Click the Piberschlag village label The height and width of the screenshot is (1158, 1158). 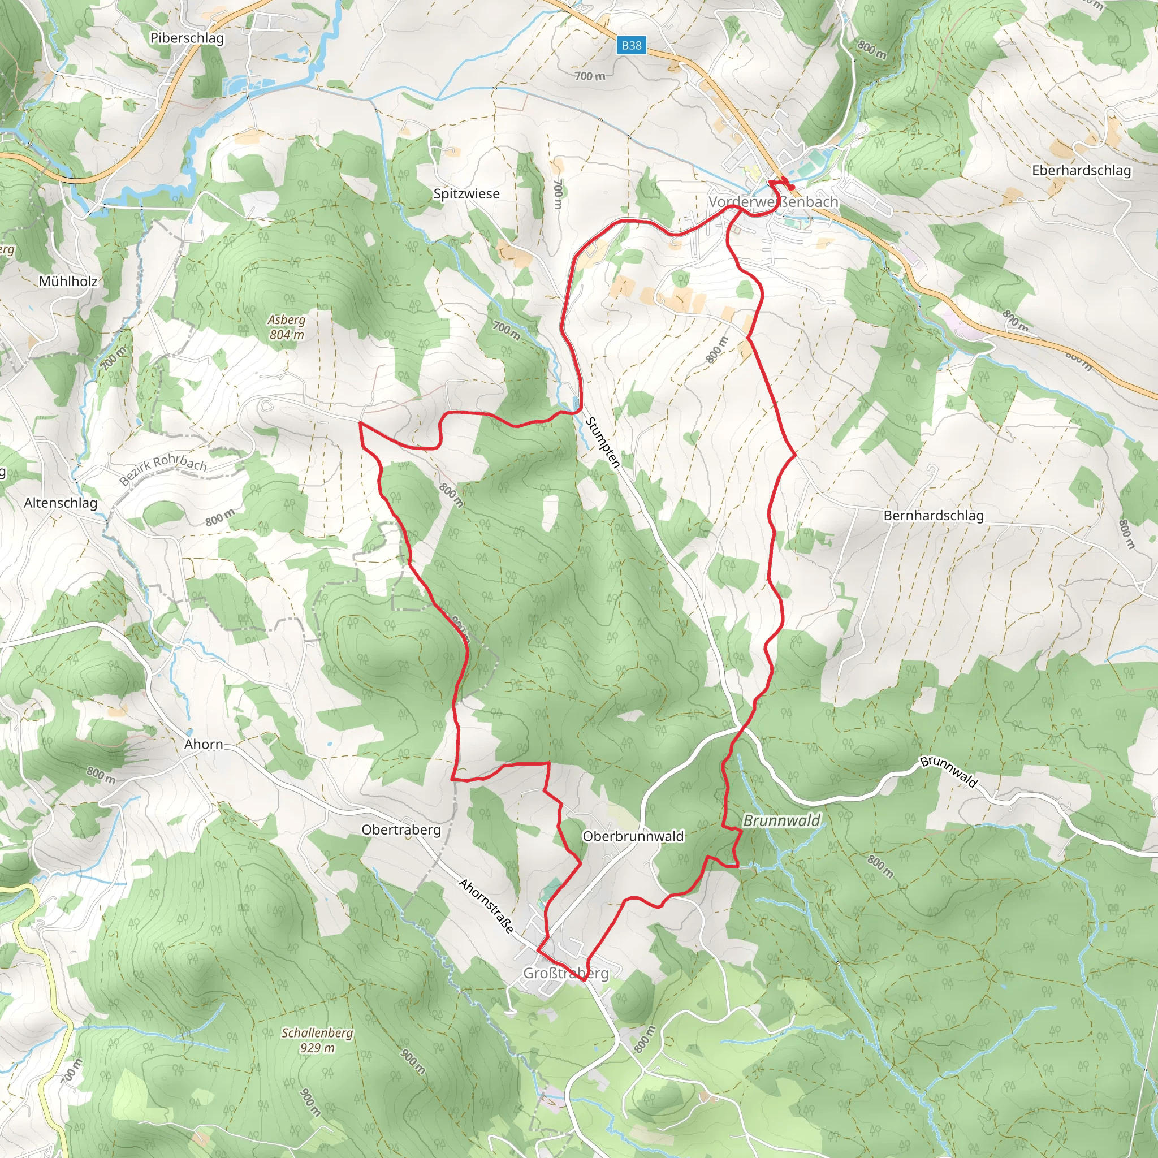click(187, 38)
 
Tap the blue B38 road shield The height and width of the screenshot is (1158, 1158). click(631, 45)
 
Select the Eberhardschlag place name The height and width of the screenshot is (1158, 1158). click(1081, 170)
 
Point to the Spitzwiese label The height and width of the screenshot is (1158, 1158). click(466, 193)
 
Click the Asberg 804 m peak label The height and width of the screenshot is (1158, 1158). click(287, 327)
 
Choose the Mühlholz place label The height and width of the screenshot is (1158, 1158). click(68, 281)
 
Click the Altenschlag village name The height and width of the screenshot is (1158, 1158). click(61, 503)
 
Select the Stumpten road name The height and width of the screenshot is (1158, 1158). click(602, 442)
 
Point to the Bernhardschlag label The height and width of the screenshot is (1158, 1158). click(933, 516)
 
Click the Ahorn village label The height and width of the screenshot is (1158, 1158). click(204, 745)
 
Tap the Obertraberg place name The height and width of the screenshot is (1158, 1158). click(401, 829)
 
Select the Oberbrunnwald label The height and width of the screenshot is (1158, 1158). click(633, 836)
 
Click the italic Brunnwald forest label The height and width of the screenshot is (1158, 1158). click(781, 821)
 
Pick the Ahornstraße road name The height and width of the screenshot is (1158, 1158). click(487, 906)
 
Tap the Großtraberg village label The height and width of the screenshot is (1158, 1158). click(566, 973)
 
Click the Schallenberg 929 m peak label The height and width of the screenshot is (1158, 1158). click(317, 1040)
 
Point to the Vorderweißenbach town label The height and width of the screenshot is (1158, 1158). click(773, 202)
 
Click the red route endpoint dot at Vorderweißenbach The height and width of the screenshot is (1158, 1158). click(792, 188)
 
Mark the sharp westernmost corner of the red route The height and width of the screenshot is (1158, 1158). click(360, 423)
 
